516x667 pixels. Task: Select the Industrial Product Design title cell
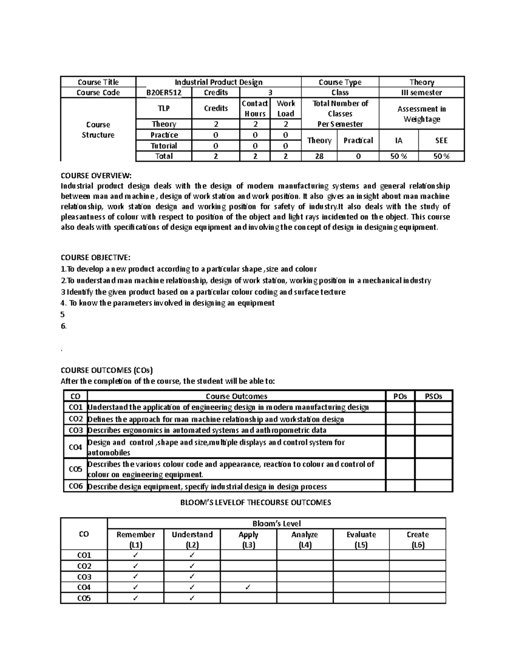click(x=218, y=82)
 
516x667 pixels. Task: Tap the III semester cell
click(x=421, y=93)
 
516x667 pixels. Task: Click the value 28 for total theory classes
click(x=319, y=156)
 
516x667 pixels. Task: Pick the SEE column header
click(x=441, y=140)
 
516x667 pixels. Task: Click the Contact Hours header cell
click(x=255, y=109)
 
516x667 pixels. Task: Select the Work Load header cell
click(x=286, y=109)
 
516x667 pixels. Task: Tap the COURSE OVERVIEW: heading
click(x=95, y=175)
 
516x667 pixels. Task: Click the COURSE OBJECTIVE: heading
click(x=95, y=258)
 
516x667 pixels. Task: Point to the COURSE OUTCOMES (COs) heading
click(x=107, y=370)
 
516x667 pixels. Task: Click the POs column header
click(x=400, y=396)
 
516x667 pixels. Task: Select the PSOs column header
click(x=433, y=396)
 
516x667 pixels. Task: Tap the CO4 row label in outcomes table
click(x=75, y=447)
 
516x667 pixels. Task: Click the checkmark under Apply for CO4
click(x=248, y=587)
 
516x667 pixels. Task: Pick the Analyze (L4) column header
click(x=304, y=539)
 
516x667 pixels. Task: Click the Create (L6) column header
click(x=418, y=539)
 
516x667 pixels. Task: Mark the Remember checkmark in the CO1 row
click(x=135, y=555)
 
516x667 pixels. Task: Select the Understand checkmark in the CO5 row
click(x=192, y=598)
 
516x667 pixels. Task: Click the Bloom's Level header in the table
click(x=276, y=524)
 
